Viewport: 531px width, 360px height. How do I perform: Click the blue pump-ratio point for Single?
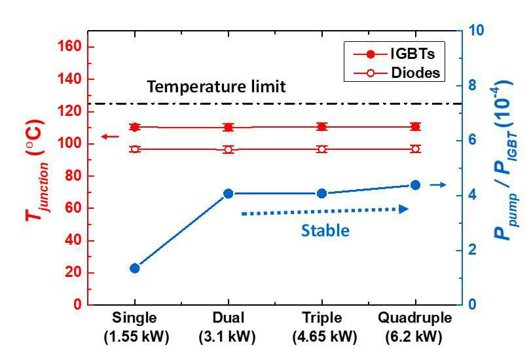pos(135,268)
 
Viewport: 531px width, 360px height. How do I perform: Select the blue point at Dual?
pos(229,193)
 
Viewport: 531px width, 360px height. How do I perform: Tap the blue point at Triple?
pos(321,193)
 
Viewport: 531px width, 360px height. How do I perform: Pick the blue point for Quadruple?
pos(415,185)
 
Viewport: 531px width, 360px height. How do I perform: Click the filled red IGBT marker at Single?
pos(135,127)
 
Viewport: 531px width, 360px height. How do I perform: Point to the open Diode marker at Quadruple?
pos(415,149)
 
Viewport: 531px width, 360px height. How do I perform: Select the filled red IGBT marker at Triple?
pos(321,127)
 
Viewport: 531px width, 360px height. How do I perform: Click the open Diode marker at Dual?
pos(229,149)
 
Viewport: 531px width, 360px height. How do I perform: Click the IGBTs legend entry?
pos(394,54)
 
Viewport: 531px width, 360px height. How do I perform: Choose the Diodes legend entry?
pos(397,73)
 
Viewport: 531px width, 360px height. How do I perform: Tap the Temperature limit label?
pos(216,86)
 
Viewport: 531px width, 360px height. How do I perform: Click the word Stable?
pos(325,230)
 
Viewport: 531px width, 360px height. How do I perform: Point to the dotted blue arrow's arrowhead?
pos(404,209)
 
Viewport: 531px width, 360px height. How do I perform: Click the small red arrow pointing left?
pos(111,137)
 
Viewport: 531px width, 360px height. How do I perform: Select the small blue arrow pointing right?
pos(438,185)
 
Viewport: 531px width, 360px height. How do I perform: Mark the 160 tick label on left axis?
pos(70,46)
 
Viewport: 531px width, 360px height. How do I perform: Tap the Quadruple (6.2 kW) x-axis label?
pos(414,327)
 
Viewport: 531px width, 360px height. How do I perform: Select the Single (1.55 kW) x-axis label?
pos(136,327)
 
